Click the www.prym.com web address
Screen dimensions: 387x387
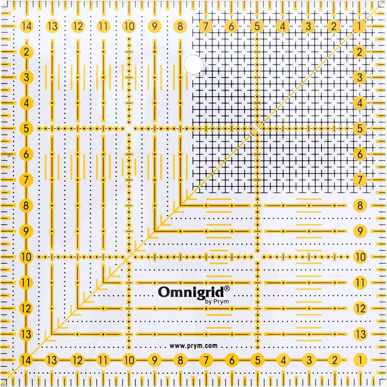pos(193,346)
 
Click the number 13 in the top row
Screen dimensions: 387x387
pos(52,26)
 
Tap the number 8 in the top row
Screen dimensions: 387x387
pos(180,26)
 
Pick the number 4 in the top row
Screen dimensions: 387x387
pos(283,26)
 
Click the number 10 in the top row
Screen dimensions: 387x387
pos(129,26)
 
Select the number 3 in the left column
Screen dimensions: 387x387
pos(27,77)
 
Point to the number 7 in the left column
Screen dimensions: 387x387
pos(27,180)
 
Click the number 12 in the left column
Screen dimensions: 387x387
pos(27,308)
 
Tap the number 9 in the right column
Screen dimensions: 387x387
pos(360,231)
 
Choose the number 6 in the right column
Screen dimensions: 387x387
pos(360,154)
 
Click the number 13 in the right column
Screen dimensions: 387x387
pos(360,334)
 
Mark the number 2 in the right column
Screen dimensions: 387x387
pos(360,52)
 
